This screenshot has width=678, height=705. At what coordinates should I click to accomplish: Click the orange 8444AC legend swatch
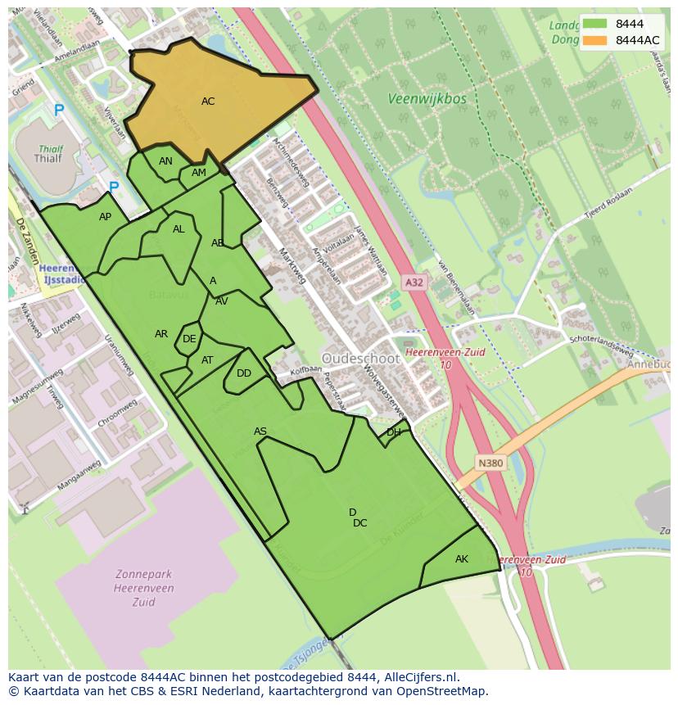(595, 40)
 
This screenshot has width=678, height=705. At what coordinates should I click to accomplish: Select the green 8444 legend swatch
(595, 24)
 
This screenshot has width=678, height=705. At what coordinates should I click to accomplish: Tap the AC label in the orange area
(208, 102)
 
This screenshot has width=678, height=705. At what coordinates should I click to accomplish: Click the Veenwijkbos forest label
(427, 99)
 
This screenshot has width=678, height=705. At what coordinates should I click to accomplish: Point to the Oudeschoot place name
(360, 359)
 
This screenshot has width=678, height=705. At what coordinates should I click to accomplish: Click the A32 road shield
(414, 282)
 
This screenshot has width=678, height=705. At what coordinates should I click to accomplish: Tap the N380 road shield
(490, 463)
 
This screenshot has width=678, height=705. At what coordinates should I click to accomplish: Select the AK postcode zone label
(462, 559)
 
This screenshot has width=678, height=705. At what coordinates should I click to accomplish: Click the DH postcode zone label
(394, 432)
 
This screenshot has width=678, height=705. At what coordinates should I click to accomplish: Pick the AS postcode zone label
(260, 432)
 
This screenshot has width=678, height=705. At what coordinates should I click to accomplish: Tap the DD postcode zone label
(244, 373)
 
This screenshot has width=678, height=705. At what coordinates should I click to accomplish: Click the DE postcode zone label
(189, 339)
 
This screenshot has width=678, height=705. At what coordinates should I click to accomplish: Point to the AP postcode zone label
(105, 217)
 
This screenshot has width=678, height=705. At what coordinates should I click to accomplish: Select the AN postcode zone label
(165, 161)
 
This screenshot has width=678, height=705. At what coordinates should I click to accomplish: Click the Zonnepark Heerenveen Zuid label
(132, 587)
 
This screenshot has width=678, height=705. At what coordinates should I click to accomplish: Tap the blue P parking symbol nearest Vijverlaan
(59, 110)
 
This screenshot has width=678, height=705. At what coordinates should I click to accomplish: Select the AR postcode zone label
(161, 334)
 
